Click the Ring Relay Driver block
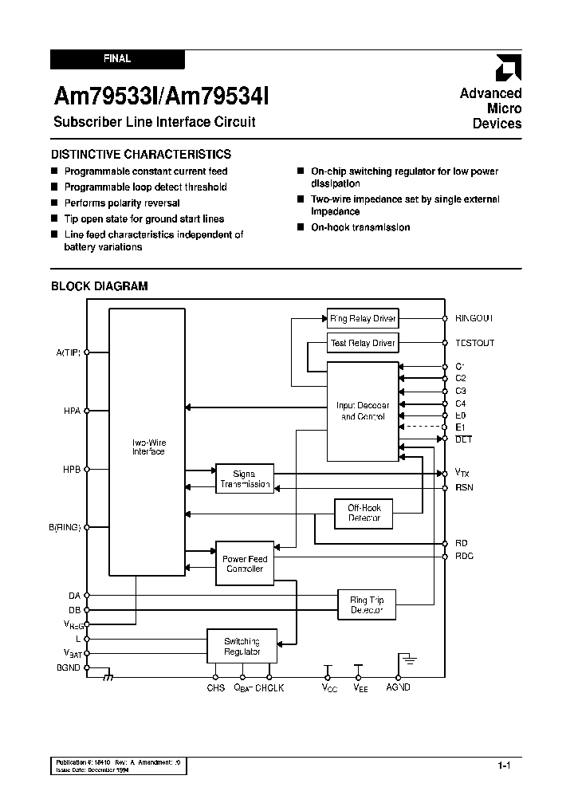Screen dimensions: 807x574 click(x=363, y=318)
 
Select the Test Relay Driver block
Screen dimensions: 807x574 click(x=363, y=343)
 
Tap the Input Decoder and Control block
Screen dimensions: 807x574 click(x=363, y=411)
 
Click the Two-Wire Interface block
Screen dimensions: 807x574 click(x=148, y=447)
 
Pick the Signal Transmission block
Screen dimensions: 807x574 click(x=245, y=479)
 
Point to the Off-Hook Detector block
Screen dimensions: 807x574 click(x=364, y=513)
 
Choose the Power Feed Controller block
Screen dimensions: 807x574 click(x=245, y=564)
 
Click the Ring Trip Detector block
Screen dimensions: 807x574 click(x=367, y=605)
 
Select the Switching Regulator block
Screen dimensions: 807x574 click(x=242, y=647)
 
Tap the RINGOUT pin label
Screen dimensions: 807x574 click(x=474, y=318)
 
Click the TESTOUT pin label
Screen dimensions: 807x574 click(x=474, y=343)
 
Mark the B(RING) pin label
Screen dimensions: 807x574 click(x=65, y=527)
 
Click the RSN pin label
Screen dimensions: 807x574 click(x=464, y=487)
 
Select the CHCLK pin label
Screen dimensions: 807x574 click(x=269, y=687)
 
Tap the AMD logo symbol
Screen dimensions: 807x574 click(x=509, y=67)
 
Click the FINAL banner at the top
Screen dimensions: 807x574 click(x=117, y=59)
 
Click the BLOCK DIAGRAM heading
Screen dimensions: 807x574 click(x=100, y=286)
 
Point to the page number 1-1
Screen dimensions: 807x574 click(x=504, y=766)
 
